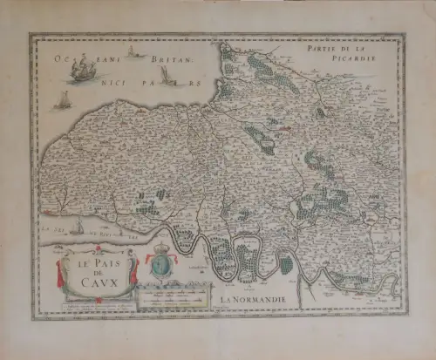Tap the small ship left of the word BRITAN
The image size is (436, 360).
[133, 51]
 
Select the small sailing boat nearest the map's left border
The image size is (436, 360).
[63, 99]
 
